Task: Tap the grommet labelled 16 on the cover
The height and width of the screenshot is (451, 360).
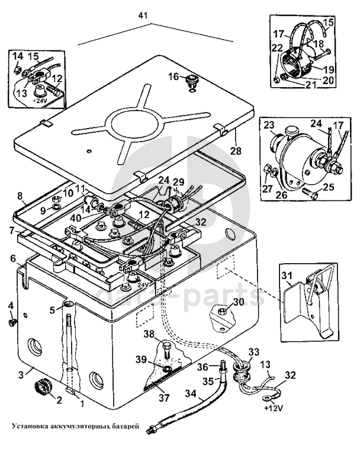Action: [x=191, y=80]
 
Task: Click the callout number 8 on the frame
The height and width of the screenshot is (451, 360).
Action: [x=20, y=195]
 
